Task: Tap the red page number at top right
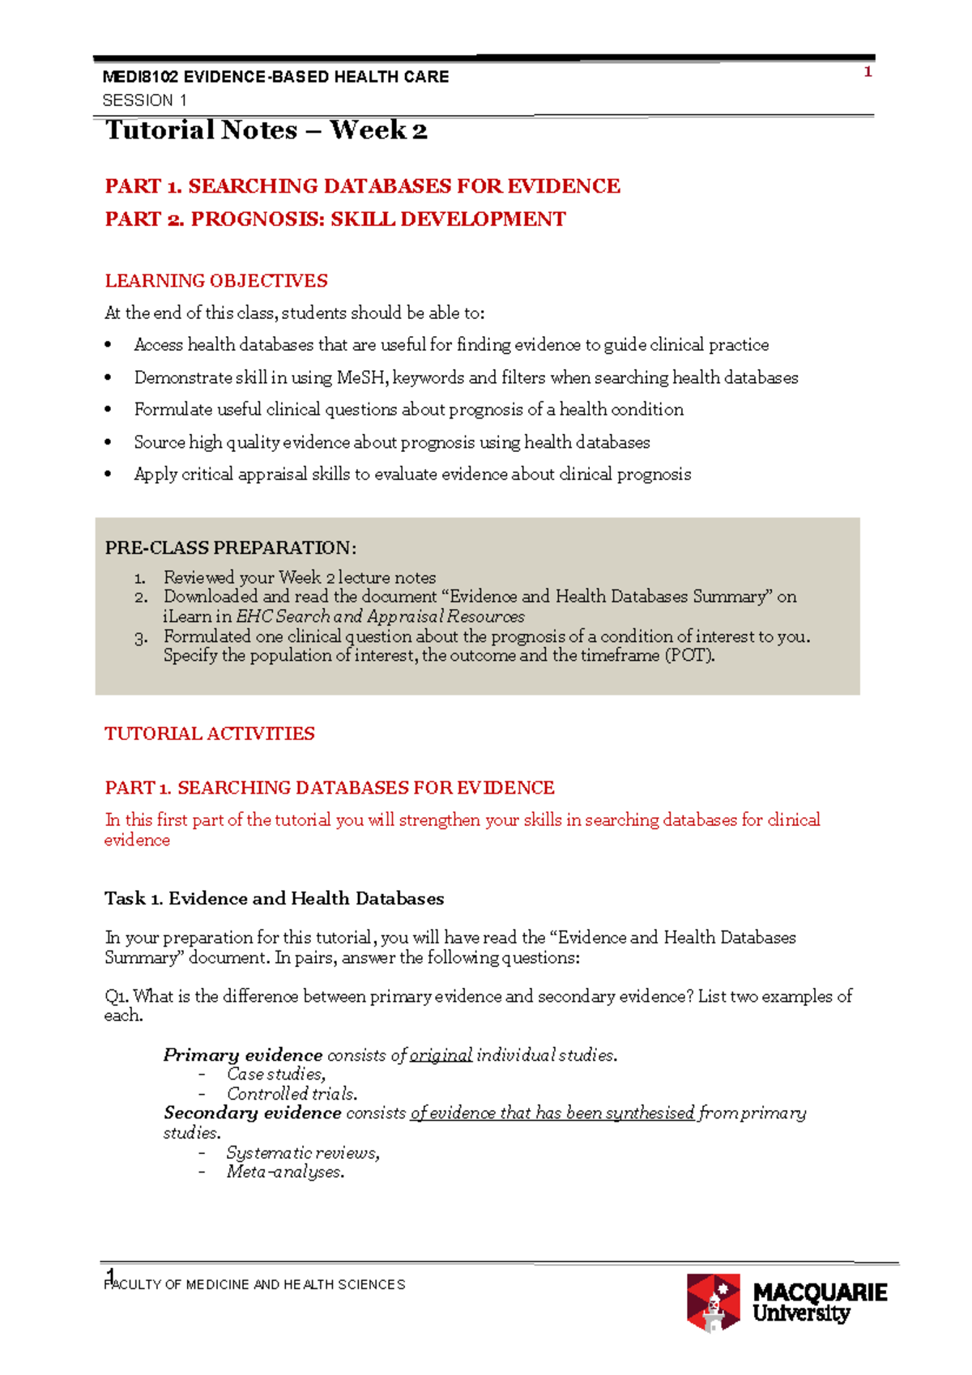tap(868, 72)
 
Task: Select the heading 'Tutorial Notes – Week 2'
tap(266, 130)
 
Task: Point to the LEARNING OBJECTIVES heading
tap(216, 281)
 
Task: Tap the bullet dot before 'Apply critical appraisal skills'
tap(109, 475)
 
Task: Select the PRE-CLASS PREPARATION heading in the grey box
tap(230, 548)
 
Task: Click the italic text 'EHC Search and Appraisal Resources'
tap(380, 616)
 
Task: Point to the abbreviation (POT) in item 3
tap(689, 655)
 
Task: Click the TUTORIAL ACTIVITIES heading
tap(209, 734)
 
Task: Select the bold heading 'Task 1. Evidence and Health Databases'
tap(274, 899)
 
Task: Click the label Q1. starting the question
tap(117, 997)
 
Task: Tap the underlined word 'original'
tap(441, 1055)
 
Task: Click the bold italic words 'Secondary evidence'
tap(252, 1113)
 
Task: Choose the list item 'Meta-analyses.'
tap(285, 1173)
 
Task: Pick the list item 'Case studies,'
tap(276, 1075)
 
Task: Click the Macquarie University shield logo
tap(714, 1301)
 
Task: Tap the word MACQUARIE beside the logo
tap(820, 1292)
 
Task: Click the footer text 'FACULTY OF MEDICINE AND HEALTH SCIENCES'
tap(255, 1285)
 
